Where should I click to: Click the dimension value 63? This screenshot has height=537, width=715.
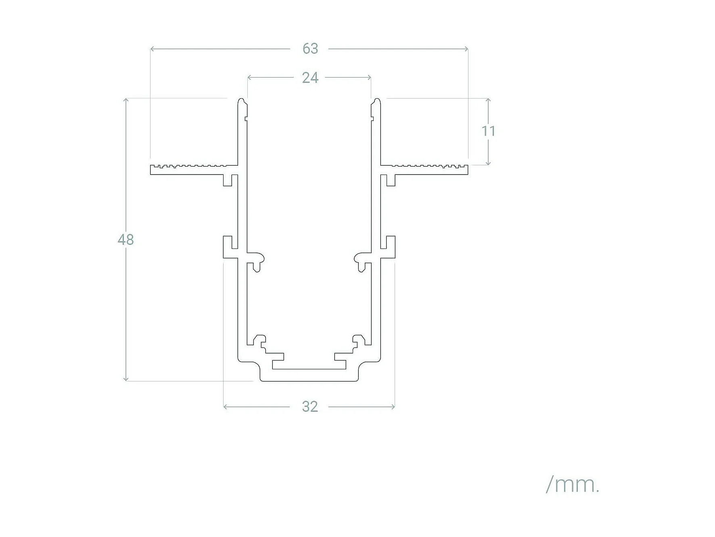[310, 49]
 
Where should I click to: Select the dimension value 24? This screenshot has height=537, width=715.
[310, 78]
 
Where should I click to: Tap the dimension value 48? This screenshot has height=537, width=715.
[125, 240]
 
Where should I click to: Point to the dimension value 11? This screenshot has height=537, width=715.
[488, 131]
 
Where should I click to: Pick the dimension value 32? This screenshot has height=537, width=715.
[310, 406]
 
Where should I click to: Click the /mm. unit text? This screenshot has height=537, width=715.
[573, 484]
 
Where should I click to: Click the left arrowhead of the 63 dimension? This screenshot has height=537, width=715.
[152, 49]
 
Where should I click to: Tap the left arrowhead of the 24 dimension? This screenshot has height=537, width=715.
[249, 77]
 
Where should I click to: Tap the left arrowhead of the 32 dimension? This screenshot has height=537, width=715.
[225, 406]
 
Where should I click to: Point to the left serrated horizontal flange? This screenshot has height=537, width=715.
[190, 170]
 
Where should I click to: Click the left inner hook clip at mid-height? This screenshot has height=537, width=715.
[257, 261]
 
